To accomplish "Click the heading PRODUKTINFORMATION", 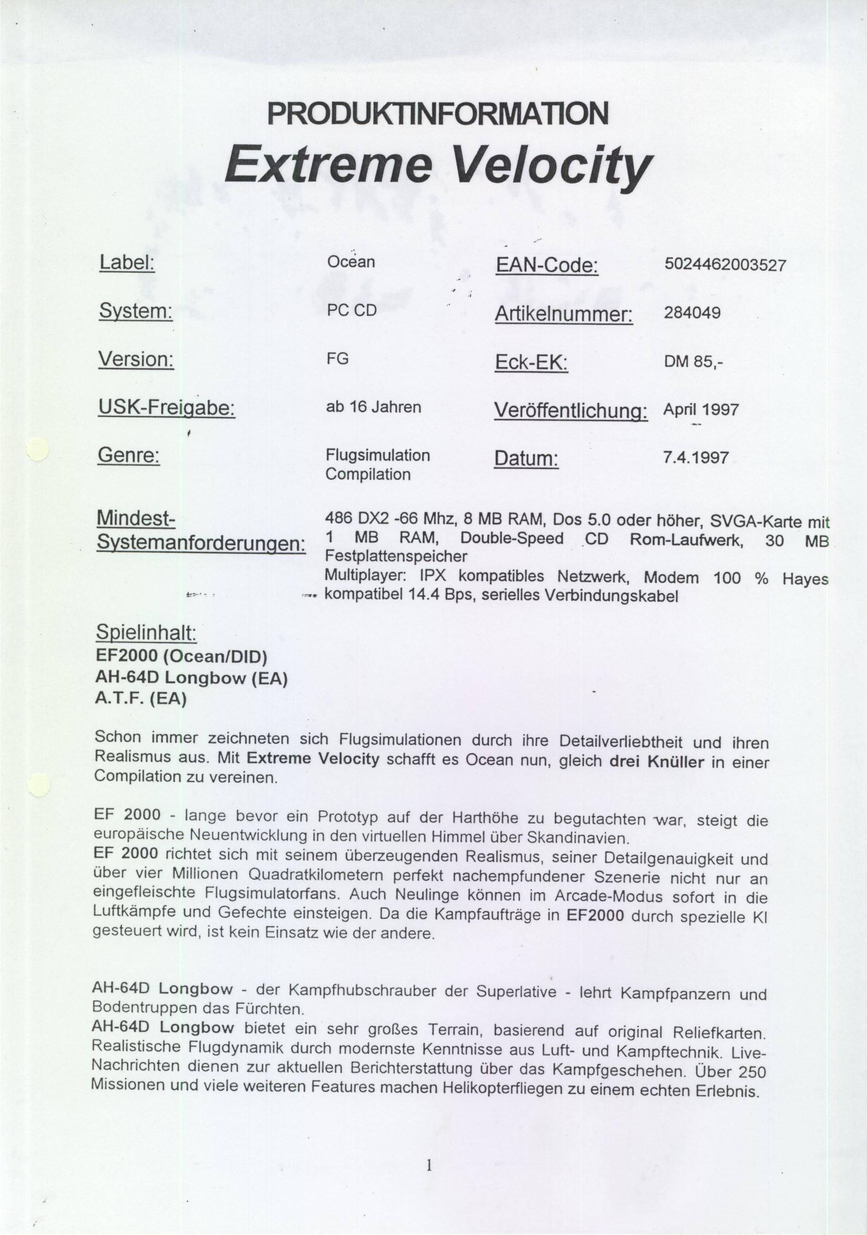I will (437, 113).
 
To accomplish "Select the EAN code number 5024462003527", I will (725, 265).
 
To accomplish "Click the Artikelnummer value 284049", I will (692, 312).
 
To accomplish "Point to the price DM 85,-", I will (694, 362).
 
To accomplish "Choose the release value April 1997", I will (700, 410).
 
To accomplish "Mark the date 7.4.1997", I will (696, 458).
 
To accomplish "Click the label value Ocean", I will (351, 262).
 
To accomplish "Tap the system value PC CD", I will (352, 311).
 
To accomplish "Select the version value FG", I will (337, 358).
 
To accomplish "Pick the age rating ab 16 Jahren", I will (373, 407).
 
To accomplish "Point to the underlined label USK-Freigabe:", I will (166, 408).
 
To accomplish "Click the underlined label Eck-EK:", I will (531, 363).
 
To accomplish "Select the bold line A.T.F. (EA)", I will (141, 699).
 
